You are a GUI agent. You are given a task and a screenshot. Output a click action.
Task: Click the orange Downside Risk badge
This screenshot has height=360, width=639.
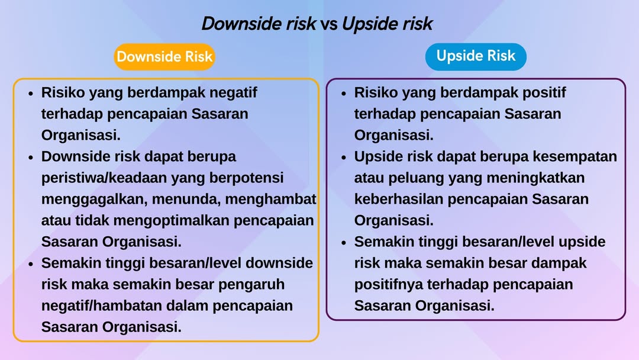click(164, 57)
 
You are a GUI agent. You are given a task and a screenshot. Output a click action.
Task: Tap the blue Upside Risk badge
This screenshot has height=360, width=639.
click(476, 56)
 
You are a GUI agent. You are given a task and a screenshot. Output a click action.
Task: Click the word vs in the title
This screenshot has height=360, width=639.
click(328, 24)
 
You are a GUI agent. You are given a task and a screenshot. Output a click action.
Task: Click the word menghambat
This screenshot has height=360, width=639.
click(270, 199)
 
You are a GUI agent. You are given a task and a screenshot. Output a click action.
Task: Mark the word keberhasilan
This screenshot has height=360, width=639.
click(399, 200)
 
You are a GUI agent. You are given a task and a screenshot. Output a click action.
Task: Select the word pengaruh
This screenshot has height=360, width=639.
click(251, 285)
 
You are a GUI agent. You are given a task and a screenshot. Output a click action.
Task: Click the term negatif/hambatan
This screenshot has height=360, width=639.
click(102, 306)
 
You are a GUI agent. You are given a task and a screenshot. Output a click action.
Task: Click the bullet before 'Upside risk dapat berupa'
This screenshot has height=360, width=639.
click(344, 157)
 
